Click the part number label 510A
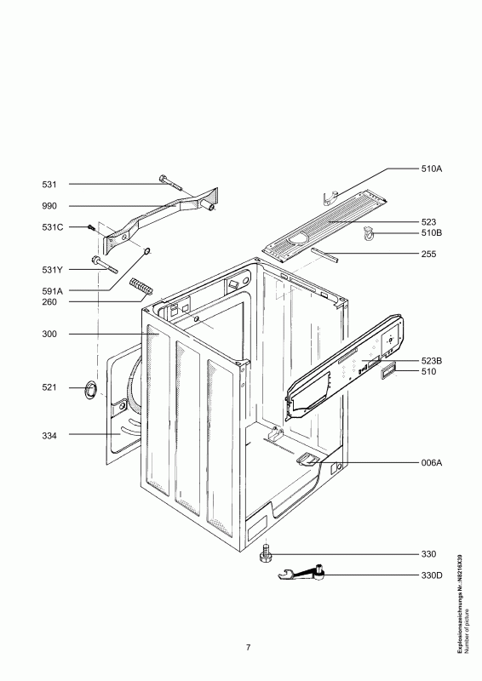click(x=431, y=169)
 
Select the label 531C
click(x=53, y=227)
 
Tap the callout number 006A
click(x=431, y=463)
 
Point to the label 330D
click(x=431, y=576)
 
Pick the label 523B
click(x=431, y=361)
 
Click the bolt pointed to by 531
click(x=171, y=182)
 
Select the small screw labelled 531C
click(x=91, y=227)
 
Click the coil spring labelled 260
click(x=141, y=288)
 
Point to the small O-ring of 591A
click(x=147, y=250)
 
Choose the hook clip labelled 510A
click(x=330, y=197)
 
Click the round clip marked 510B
click(x=368, y=235)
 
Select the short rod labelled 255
click(x=324, y=255)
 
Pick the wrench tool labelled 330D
click(x=301, y=574)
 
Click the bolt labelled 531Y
click(x=104, y=265)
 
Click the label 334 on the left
click(x=49, y=436)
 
